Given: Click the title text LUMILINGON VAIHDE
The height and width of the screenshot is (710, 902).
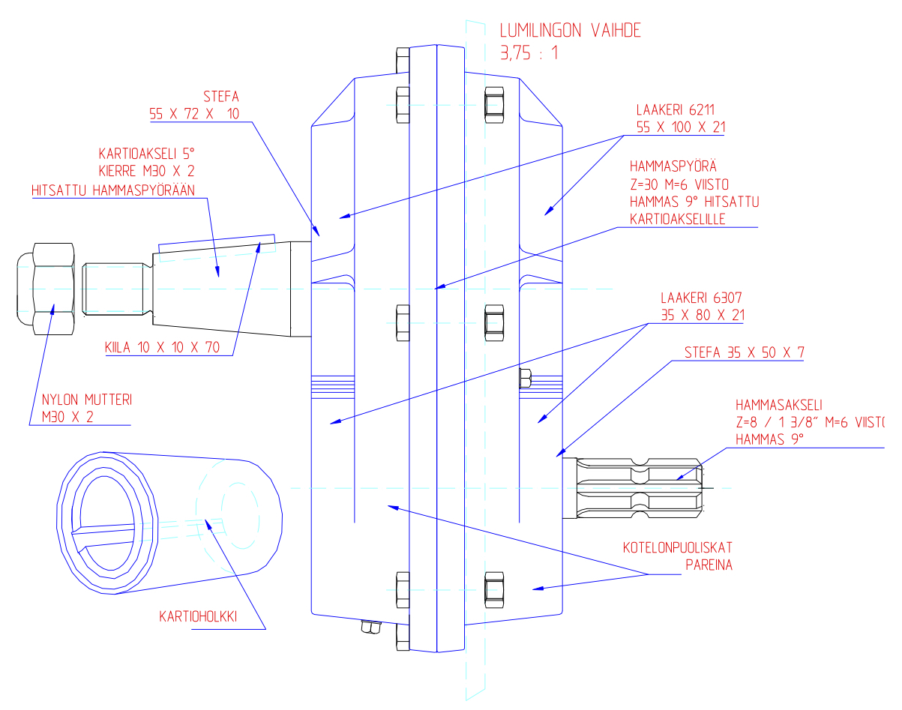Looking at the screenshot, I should (571, 31).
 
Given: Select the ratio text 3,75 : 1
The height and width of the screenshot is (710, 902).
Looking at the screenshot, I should (529, 53).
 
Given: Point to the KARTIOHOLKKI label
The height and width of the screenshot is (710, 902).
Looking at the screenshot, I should (198, 617).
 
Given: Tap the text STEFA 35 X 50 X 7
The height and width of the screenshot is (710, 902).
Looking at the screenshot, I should (744, 352).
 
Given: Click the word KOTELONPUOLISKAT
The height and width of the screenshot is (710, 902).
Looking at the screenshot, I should (677, 547).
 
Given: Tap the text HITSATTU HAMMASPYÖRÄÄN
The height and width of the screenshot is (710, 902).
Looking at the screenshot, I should (113, 190).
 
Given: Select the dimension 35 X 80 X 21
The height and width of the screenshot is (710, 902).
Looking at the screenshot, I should (703, 315).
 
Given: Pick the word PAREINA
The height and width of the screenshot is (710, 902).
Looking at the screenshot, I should (709, 565).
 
